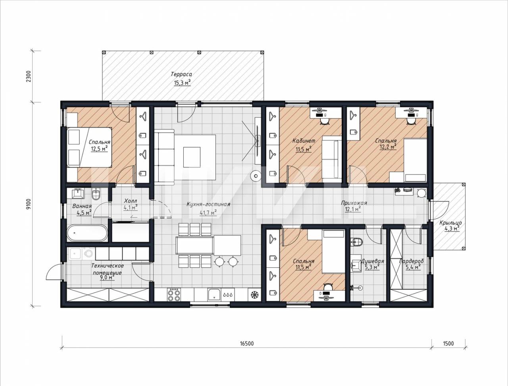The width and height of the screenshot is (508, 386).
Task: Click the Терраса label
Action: click(x=181, y=74)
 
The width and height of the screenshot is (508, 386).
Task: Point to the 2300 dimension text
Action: click(x=29, y=76)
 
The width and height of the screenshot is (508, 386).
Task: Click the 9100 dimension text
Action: click(x=29, y=205)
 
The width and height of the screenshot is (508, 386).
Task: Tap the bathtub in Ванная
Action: click(x=87, y=233)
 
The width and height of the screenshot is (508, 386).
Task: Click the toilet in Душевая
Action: click(x=357, y=242)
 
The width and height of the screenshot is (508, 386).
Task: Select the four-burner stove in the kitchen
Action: click(x=174, y=295)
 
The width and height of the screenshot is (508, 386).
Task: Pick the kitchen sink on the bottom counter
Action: click(x=215, y=295)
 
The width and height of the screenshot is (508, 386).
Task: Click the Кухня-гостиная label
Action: click(x=208, y=204)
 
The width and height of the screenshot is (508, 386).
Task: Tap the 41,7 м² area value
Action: click(x=208, y=212)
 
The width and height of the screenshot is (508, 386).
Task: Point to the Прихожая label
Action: click(x=354, y=203)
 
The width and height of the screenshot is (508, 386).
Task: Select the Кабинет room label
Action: click(x=304, y=141)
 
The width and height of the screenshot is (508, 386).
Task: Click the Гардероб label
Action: click(x=411, y=261)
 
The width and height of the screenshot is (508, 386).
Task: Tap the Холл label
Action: click(x=131, y=201)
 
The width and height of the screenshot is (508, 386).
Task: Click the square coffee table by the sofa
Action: click(x=192, y=157)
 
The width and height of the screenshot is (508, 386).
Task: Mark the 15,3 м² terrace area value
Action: click(x=182, y=83)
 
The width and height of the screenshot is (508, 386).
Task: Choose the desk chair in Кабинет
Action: click(x=325, y=121)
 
